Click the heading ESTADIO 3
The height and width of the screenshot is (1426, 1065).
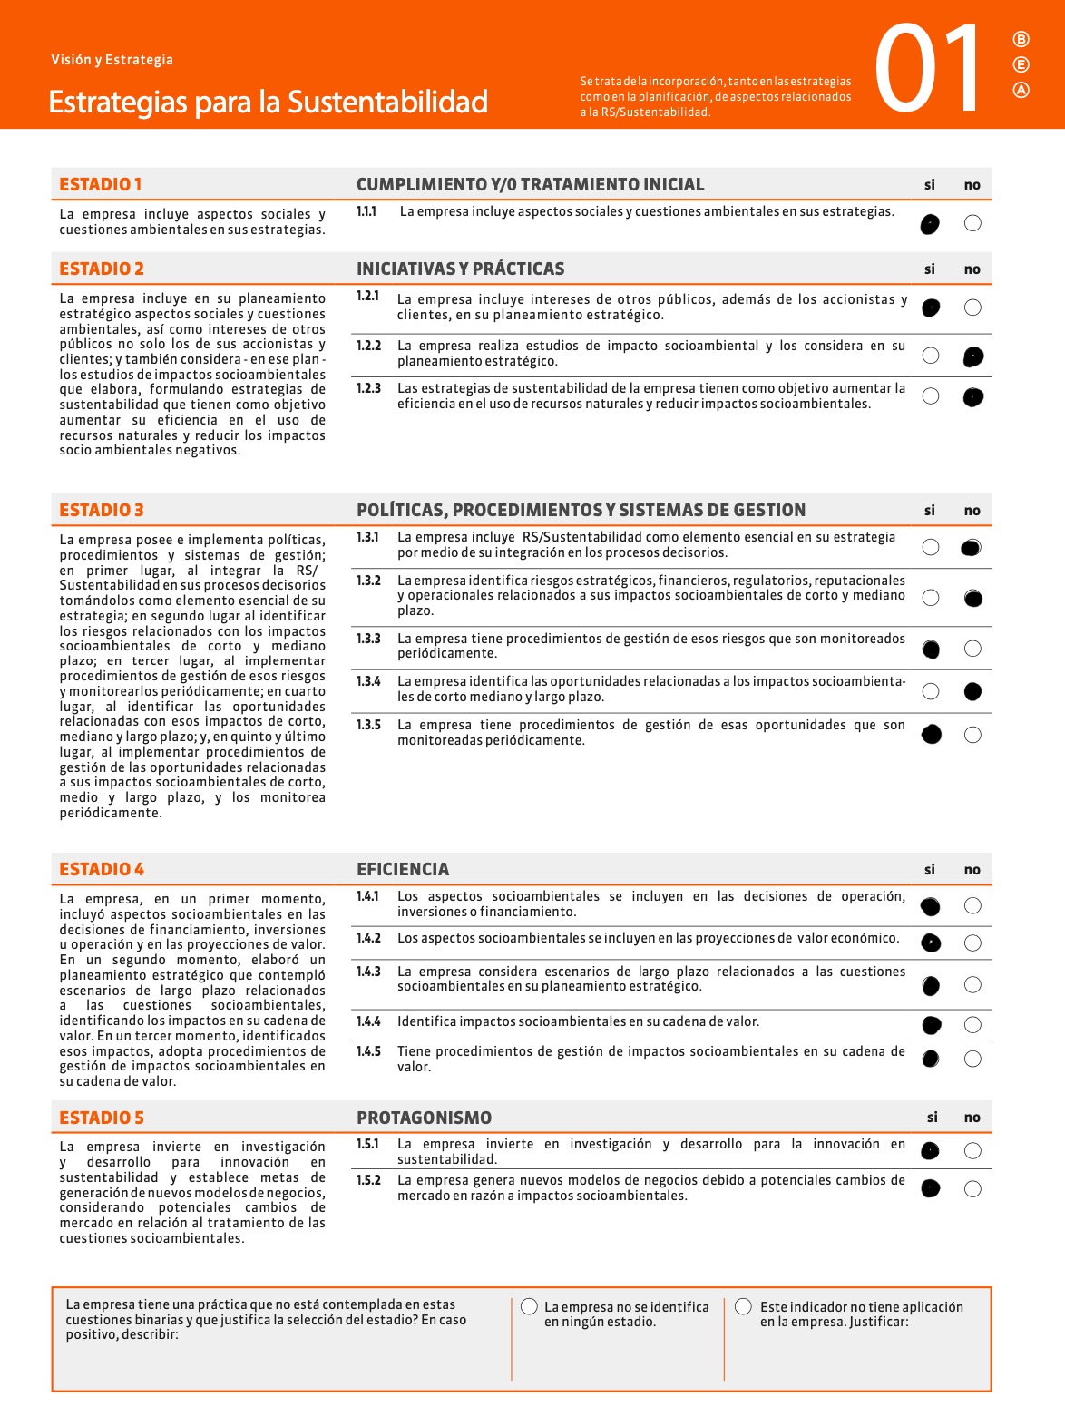(102, 510)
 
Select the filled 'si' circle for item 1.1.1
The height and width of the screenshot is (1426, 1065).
(930, 223)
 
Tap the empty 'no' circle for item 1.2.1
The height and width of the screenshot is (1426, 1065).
(972, 308)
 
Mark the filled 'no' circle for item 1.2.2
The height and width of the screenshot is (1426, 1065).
(973, 356)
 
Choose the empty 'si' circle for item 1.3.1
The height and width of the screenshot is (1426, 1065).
(931, 547)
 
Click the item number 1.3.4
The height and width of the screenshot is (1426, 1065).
(368, 681)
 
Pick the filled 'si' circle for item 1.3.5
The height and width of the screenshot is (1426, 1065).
(931, 734)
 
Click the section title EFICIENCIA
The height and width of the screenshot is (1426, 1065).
(403, 869)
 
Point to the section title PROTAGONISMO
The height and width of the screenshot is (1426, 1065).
(424, 1118)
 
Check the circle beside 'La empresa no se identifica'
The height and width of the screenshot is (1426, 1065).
(530, 1306)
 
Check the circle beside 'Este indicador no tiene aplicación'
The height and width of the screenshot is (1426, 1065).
(744, 1306)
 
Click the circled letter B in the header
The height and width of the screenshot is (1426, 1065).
(1021, 39)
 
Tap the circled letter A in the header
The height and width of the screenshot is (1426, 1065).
(1021, 90)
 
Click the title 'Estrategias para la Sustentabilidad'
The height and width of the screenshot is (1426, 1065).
(269, 102)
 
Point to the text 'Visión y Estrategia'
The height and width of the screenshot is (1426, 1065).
(112, 60)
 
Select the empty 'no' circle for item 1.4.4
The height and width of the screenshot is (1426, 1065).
(972, 1025)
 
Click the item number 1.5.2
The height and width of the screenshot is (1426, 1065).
(368, 1180)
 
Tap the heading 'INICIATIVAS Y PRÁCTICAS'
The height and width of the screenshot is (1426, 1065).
(460, 269)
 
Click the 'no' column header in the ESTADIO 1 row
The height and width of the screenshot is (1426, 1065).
(972, 185)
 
